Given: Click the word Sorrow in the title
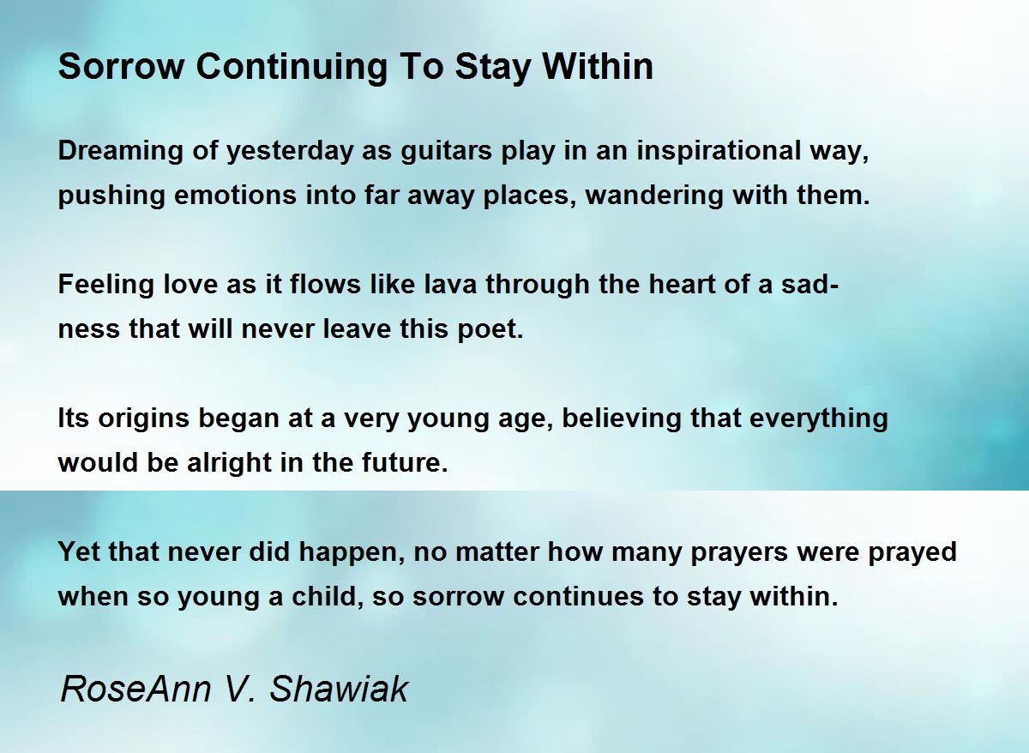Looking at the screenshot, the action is tap(121, 67).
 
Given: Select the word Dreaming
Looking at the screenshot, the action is tap(121, 152).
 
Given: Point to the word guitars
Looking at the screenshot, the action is tap(446, 152).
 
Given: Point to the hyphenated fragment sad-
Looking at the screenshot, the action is tap(809, 285).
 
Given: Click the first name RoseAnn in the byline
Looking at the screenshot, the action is tap(135, 690).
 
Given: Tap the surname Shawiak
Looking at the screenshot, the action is tap(339, 690).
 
